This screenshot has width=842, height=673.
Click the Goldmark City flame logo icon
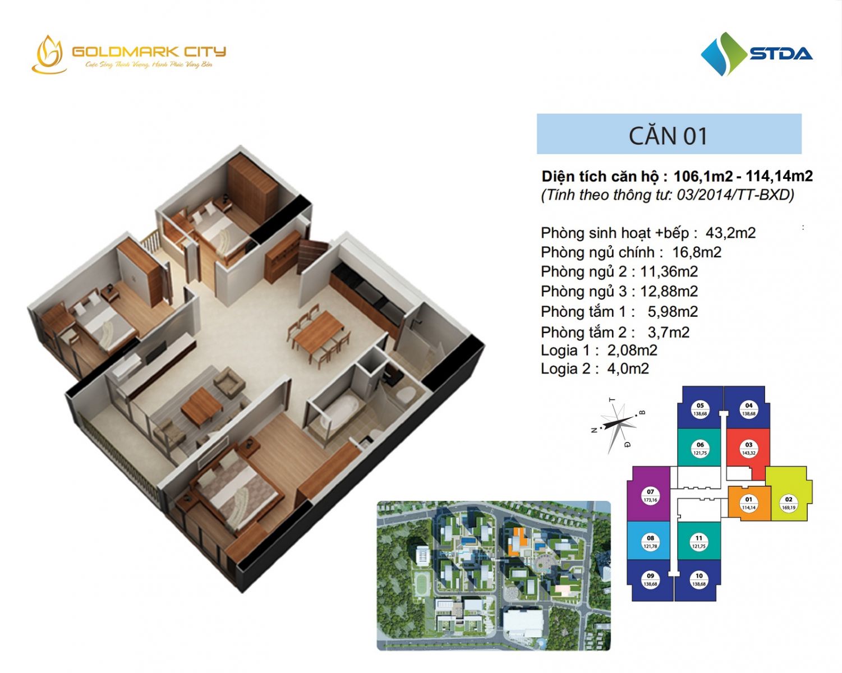point(49,55)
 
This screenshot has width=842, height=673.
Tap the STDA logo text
point(781,54)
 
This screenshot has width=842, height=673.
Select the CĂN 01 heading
point(668,135)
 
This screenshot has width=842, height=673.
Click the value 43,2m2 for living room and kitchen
point(730,233)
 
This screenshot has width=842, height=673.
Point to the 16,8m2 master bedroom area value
point(697,252)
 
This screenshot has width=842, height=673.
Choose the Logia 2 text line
point(595,368)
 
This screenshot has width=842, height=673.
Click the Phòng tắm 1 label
point(587,312)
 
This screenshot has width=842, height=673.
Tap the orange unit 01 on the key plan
point(748,503)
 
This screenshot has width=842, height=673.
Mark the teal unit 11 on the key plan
point(698,542)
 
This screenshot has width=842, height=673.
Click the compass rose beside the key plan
point(618,423)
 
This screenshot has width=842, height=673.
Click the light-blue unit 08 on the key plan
point(650,542)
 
